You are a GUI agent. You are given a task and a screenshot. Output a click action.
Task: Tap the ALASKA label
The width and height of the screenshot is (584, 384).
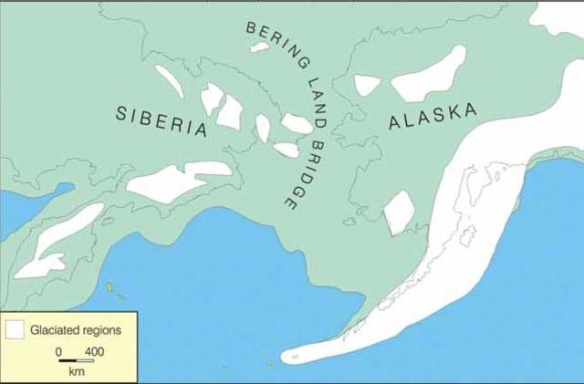[x=433, y=118]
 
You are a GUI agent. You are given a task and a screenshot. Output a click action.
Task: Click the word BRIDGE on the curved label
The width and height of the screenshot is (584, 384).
[x=300, y=173]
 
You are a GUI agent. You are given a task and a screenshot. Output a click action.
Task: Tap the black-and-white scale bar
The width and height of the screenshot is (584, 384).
[x=77, y=361]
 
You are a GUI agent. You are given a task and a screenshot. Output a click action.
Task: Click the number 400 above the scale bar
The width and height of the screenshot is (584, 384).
[x=94, y=351]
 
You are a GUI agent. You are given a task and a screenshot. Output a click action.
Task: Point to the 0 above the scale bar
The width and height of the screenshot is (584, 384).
[x=58, y=351]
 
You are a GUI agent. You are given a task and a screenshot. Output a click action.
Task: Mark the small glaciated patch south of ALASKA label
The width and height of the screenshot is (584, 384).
[x=399, y=213]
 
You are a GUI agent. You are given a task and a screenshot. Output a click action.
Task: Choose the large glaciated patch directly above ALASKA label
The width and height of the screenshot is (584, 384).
[x=428, y=75]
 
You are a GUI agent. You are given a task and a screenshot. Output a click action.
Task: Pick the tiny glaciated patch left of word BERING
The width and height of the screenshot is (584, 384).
[x=260, y=47]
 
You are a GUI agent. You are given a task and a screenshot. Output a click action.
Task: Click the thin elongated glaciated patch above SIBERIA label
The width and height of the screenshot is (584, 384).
[x=169, y=81]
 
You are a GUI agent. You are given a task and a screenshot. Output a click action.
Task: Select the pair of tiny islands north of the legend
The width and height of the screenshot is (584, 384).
[x=114, y=290]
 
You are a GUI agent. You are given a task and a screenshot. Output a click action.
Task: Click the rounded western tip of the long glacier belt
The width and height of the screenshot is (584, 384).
[x=290, y=356]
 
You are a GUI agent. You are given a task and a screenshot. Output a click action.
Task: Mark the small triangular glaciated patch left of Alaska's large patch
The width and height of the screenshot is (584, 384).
[x=367, y=85]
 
